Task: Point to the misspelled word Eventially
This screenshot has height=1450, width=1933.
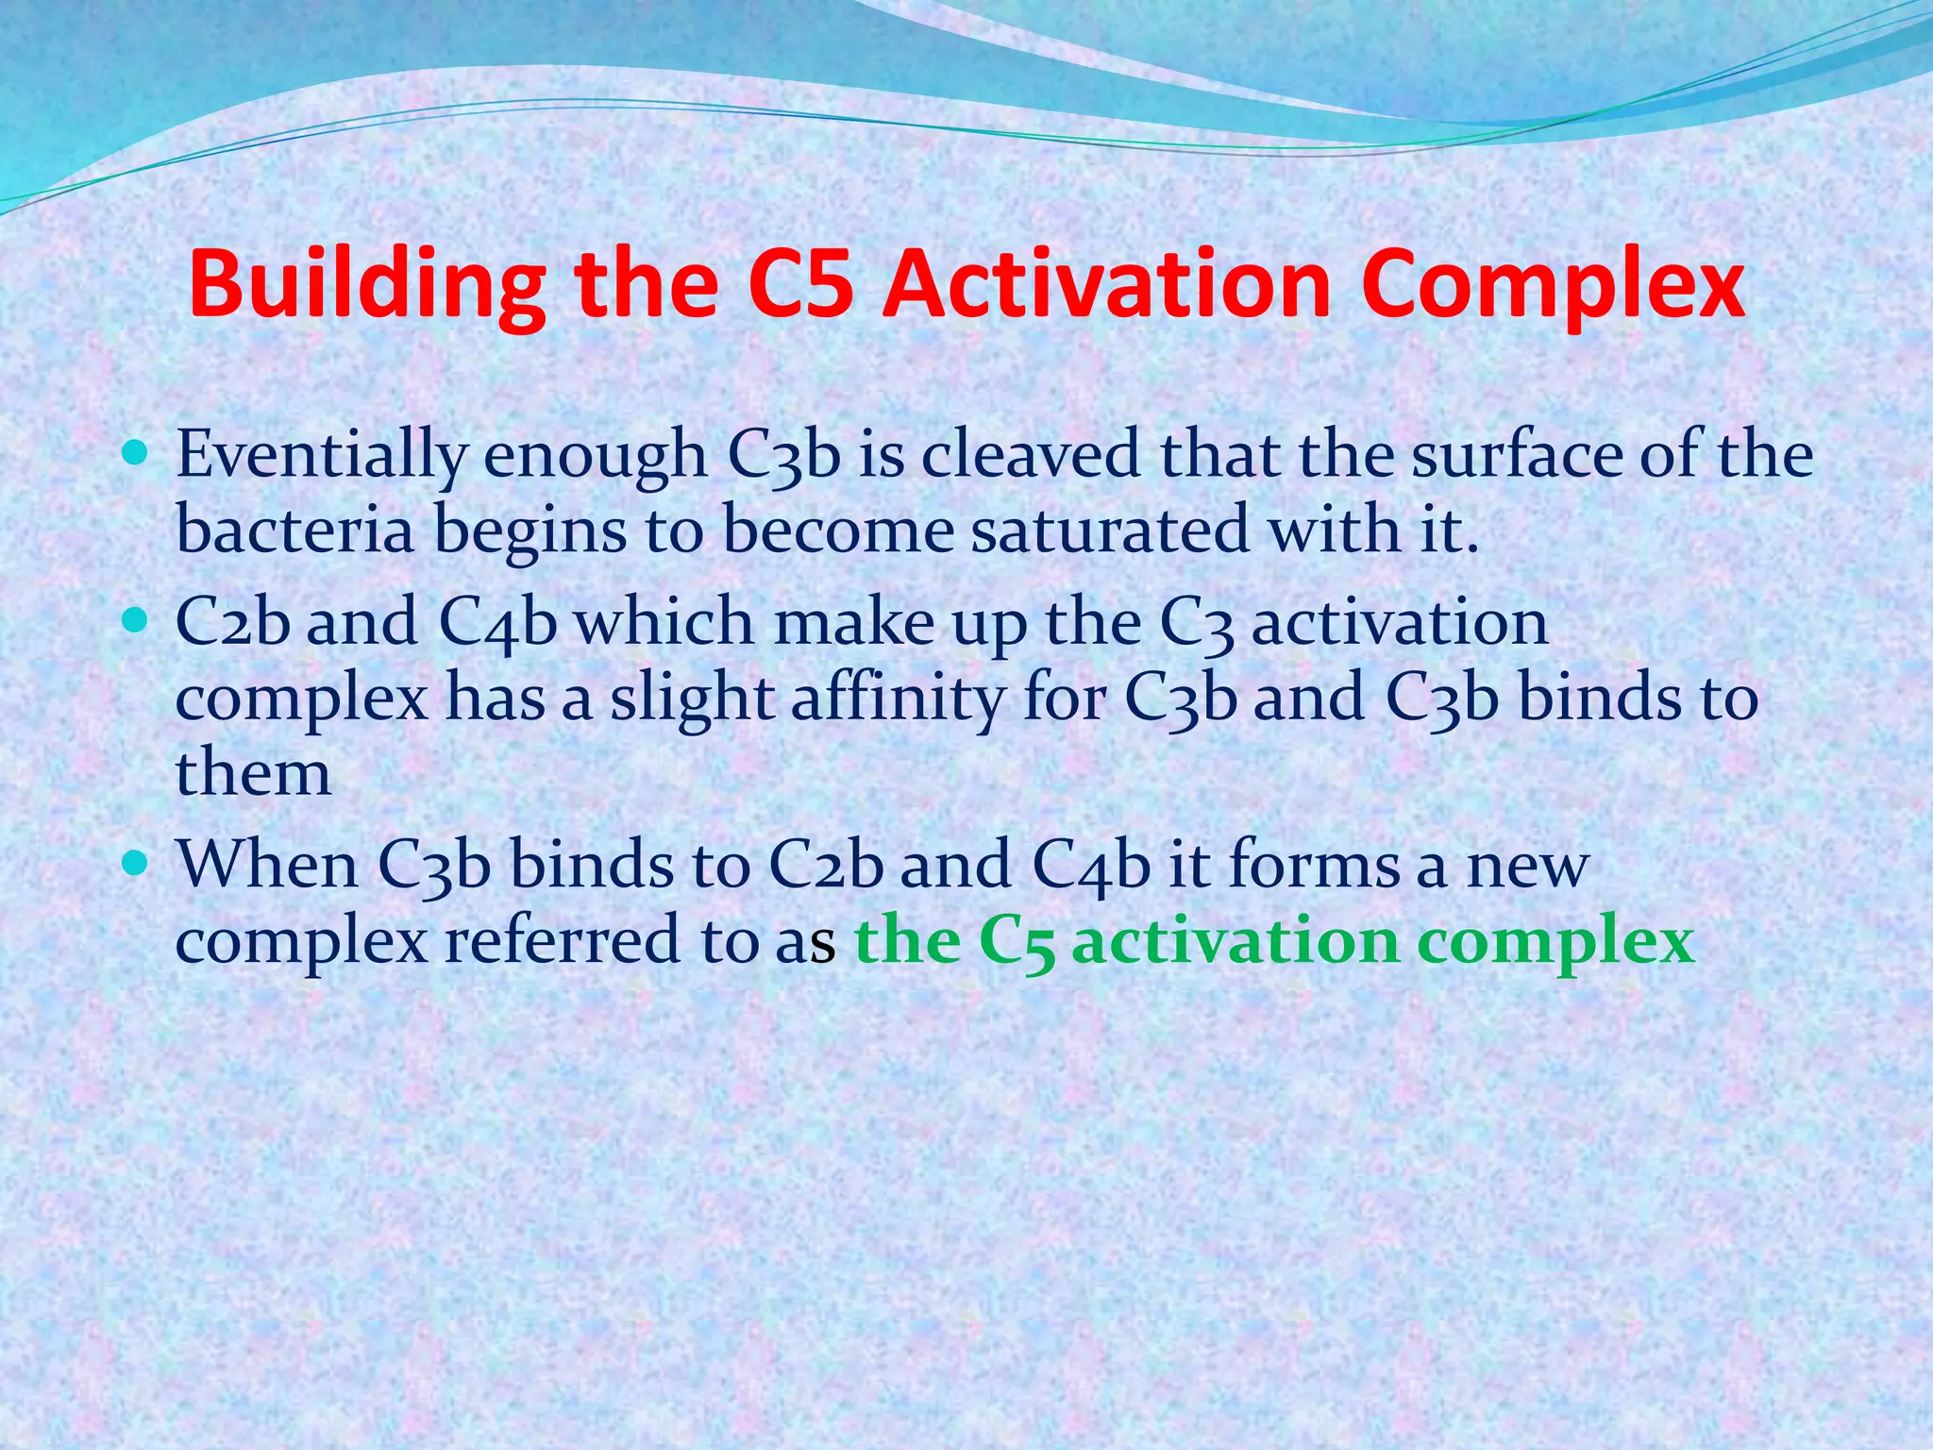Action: coord(321,456)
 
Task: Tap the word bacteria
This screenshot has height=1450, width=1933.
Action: coord(295,530)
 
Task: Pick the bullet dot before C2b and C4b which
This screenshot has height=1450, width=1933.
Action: coord(136,620)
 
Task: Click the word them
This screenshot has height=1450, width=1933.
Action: coord(253,773)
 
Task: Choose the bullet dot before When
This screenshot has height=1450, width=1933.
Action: coord(136,863)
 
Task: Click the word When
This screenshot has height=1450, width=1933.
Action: coord(268,865)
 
